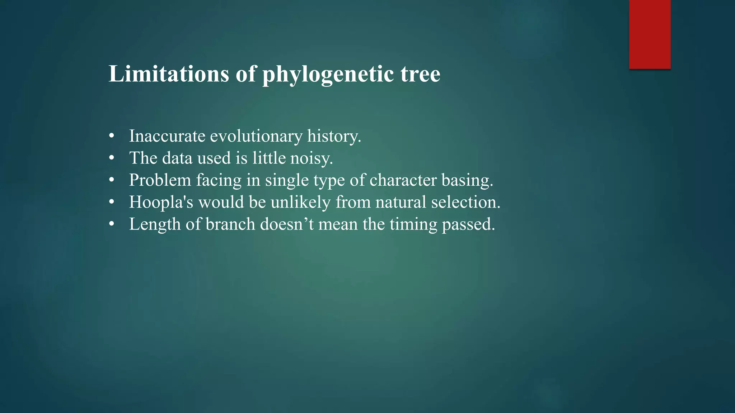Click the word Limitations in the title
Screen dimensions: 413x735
[169, 74]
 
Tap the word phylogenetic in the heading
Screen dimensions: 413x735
[328, 75]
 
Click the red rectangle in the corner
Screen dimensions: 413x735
[650, 34]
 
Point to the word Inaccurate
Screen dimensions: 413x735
[167, 136]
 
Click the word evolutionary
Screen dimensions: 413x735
[256, 137]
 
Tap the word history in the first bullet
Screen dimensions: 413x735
[334, 137]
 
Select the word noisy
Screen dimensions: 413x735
[311, 158]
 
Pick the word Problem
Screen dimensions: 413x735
[160, 180]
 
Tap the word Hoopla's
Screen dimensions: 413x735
[161, 202]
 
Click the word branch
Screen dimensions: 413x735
[230, 224]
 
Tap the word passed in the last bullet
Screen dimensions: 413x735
[468, 225]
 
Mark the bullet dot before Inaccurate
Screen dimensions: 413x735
[112, 136]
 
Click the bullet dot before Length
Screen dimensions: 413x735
[112, 224]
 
